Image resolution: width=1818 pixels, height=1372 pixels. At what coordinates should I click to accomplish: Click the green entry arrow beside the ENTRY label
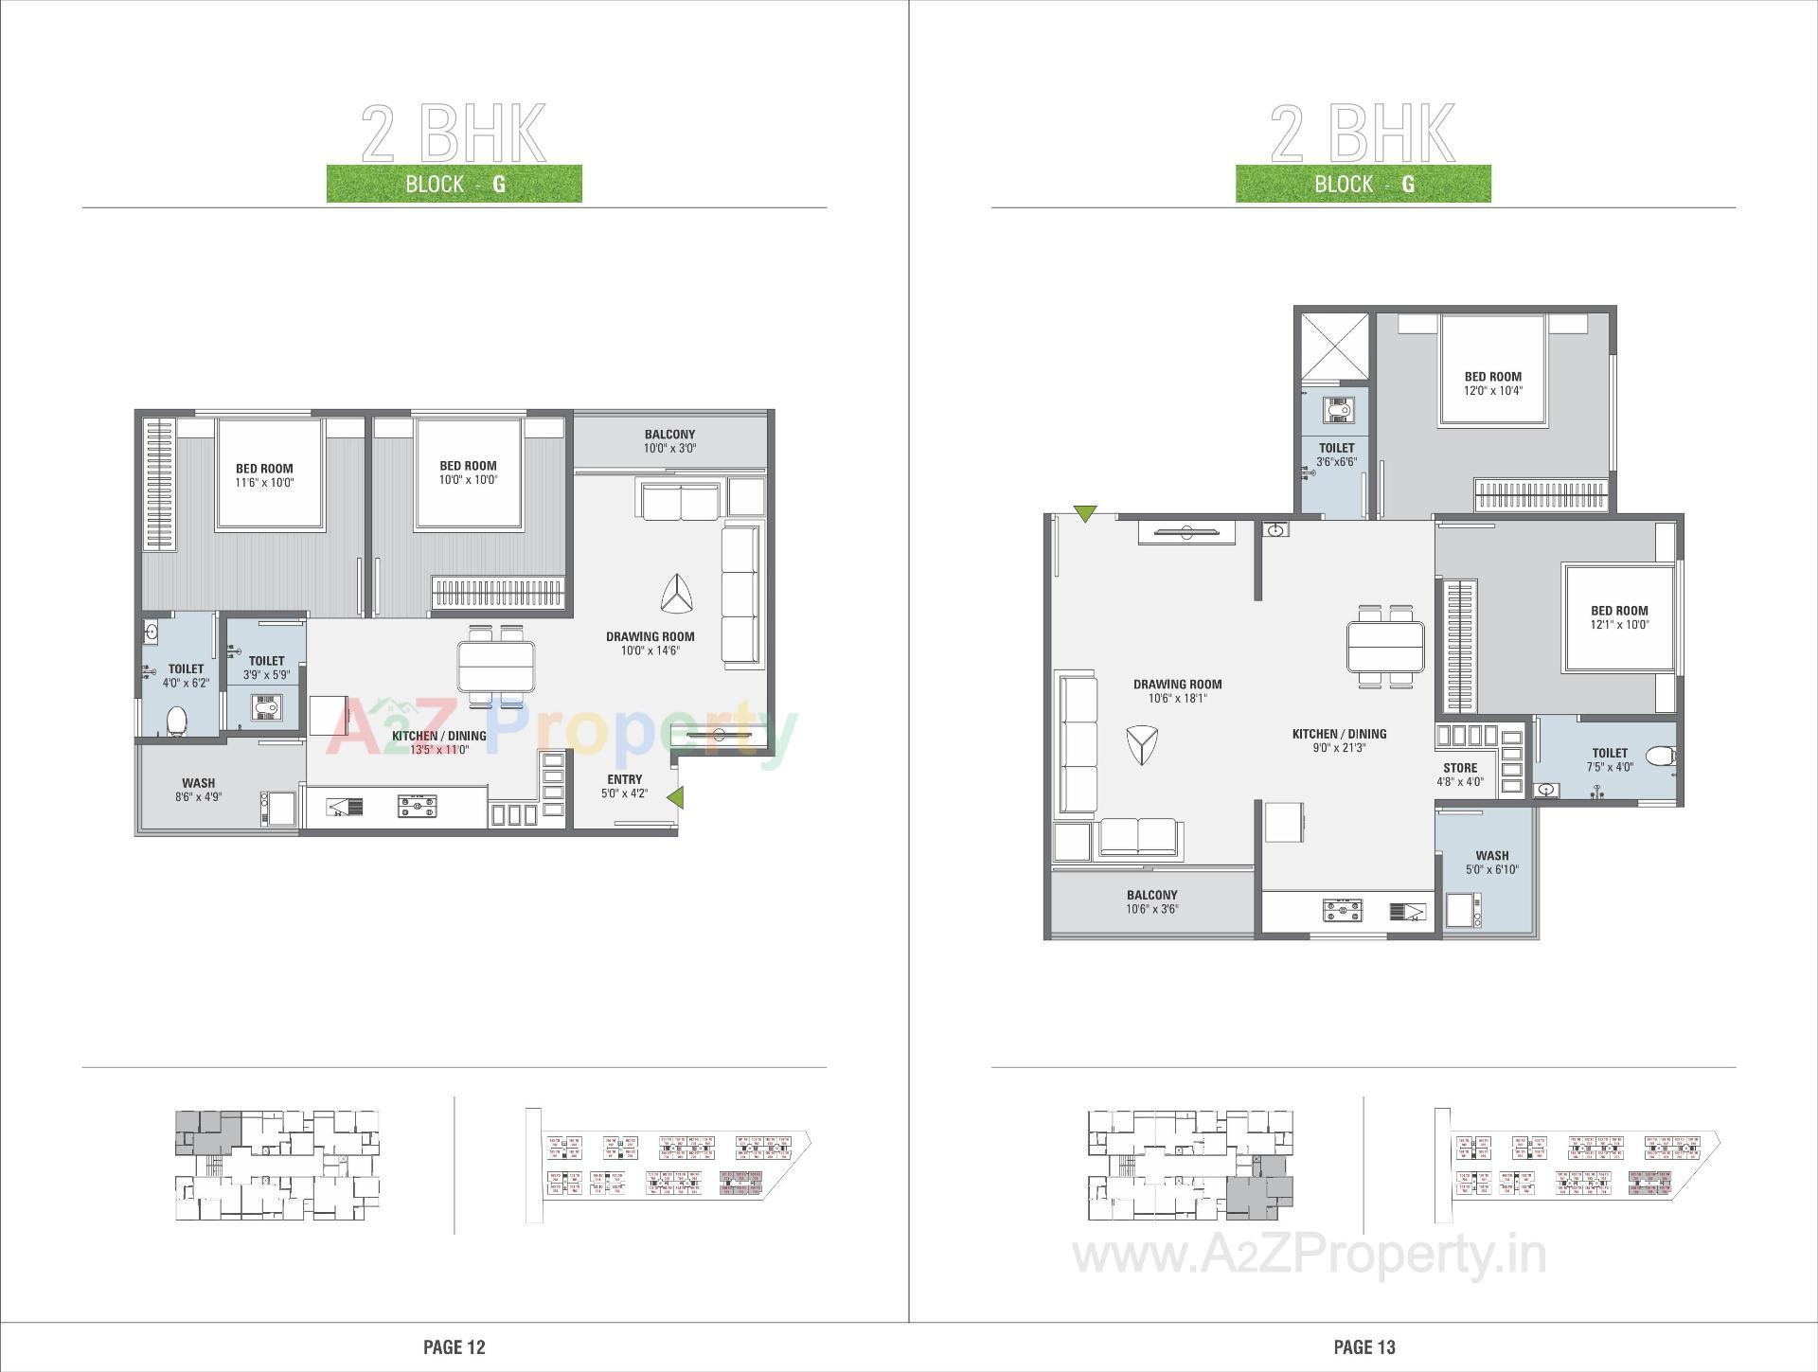(675, 798)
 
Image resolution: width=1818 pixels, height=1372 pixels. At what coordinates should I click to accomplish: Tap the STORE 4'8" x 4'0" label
(1459, 775)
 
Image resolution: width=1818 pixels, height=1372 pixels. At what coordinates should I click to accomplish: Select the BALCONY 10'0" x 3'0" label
(669, 441)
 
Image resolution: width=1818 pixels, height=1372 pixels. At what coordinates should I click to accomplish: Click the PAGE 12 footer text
(454, 1346)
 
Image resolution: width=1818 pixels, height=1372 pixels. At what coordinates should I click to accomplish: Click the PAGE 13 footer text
(1363, 1346)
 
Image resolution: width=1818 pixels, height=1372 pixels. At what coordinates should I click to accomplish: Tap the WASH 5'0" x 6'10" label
(1491, 862)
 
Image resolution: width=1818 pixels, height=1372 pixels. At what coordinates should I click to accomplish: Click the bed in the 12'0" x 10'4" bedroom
(1492, 371)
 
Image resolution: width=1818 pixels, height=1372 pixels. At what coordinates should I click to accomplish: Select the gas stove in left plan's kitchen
(417, 807)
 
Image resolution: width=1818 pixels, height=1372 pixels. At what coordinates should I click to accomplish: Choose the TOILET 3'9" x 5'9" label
(266, 668)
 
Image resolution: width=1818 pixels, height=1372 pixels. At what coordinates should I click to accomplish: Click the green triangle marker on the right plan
(1085, 514)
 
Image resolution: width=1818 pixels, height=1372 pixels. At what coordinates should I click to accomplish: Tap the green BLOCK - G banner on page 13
(1363, 184)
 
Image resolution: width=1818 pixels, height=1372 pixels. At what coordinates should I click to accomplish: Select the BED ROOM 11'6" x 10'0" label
(264, 474)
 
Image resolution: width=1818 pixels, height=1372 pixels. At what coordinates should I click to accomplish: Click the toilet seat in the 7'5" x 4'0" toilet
(1659, 756)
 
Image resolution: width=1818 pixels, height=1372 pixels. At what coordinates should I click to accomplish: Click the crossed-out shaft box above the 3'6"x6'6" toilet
(1334, 347)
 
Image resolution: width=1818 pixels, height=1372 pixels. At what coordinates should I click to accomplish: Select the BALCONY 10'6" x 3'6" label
(1151, 901)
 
